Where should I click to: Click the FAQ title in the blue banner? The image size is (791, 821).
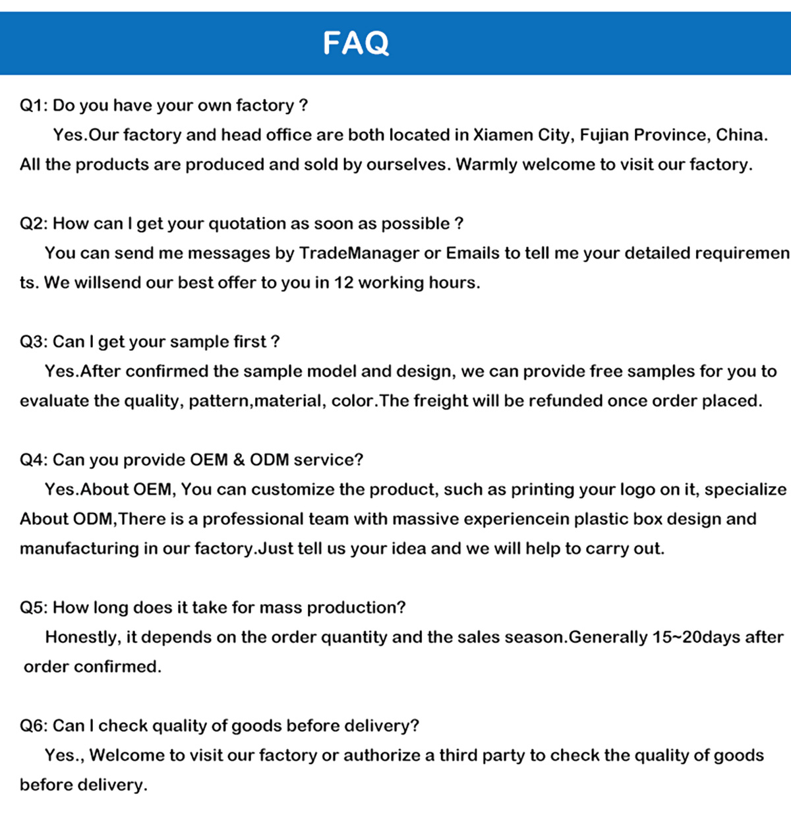pyautogui.click(x=356, y=44)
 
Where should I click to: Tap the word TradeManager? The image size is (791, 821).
pyautogui.click(x=359, y=253)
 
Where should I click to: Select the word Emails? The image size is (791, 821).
pyautogui.click(x=473, y=253)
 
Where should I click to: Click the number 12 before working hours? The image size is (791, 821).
pyautogui.click(x=343, y=283)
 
